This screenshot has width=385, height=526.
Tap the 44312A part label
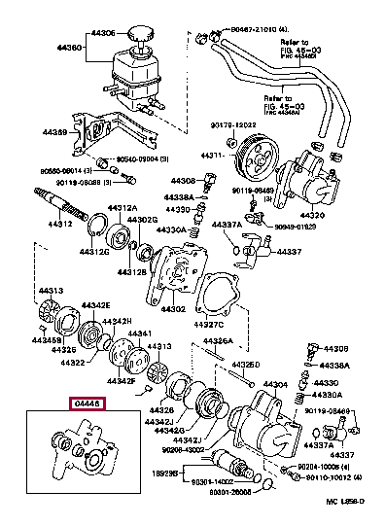click(x=122, y=208)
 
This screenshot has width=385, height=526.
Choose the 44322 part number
click(x=73, y=364)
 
